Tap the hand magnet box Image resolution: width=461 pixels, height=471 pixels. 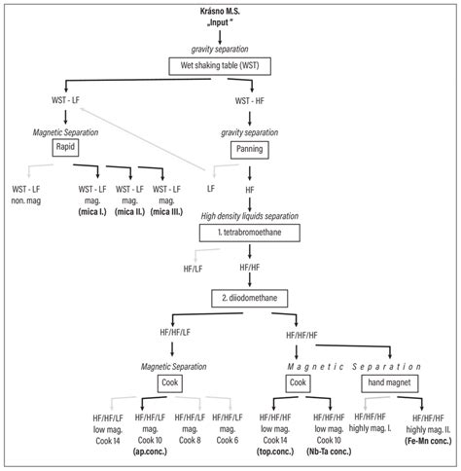[x=390, y=383]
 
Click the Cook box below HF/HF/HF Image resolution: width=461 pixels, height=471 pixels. [x=300, y=383]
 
